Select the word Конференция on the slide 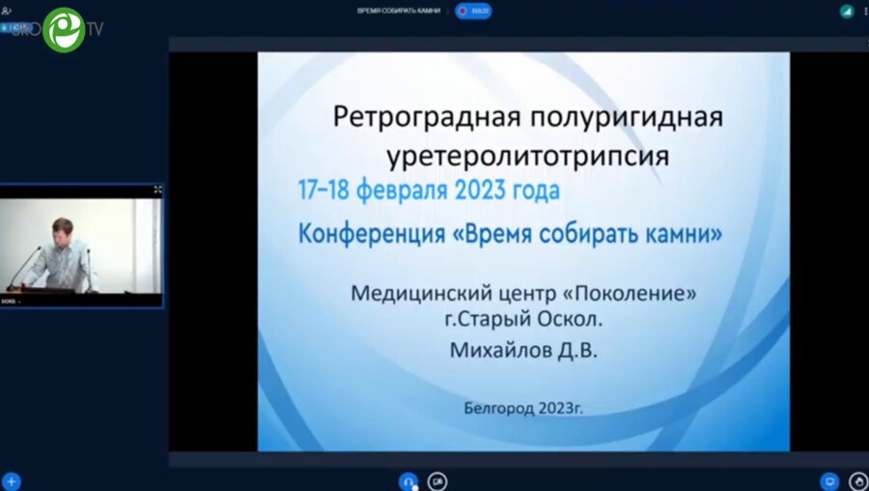[x=363, y=233]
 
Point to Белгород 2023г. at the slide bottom [x=523, y=407]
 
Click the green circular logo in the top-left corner [x=64, y=29]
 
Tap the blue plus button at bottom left [x=12, y=480]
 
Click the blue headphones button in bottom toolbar [x=408, y=480]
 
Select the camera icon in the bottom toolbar [x=437, y=480]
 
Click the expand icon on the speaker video [x=157, y=190]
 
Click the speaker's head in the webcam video [x=63, y=228]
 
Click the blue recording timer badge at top [x=474, y=11]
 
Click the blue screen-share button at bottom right [x=828, y=480]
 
